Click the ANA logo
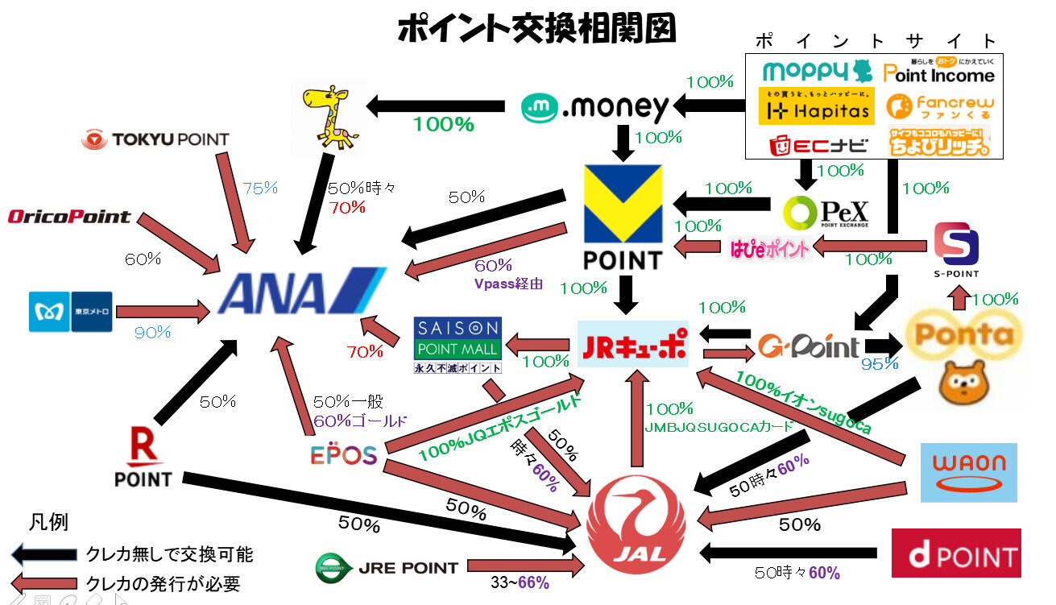[x=303, y=292]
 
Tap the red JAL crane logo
[x=636, y=522]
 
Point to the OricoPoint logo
[x=69, y=216]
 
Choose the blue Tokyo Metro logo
[x=71, y=311]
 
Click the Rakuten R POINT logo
[x=143, y=457]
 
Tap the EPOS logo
[x=344, y=455]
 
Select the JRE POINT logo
[x=387, y=568]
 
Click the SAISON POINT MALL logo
[x=457, y=345]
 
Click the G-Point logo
[x=808, y=346]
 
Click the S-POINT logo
[x=957, y=251]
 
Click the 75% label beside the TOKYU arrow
[x=260, y=189]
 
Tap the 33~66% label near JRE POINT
[x=520, y=582]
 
